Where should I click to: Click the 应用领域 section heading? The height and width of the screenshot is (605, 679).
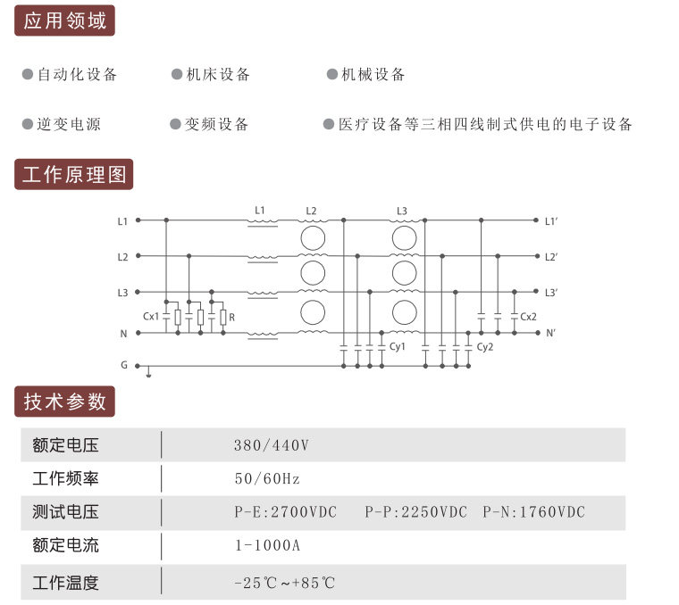pyautogui.click(x=64, y=21)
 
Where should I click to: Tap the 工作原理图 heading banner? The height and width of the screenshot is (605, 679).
pyautogui.click(x=74, y=174)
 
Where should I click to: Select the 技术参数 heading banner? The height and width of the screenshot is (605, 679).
pyautogui.click(x=64, y=402)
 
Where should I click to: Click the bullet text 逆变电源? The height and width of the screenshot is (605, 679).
pyautogui.click(x=69, y=124)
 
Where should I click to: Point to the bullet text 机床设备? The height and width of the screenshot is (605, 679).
pyautogui.click(x=218, y=74)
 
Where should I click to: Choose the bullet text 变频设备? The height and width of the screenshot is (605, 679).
pyautogui.click(x=216, y=124)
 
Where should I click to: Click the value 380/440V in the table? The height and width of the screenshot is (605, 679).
pyautogui.click(x=272, y=445)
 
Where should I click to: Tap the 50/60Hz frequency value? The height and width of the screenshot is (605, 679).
pyautogui.click(x=267, y=478)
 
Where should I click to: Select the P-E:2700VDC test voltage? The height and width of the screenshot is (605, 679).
pyautogui.click(x=285, y=512)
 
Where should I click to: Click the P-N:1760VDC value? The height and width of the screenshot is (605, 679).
pyautogui.click(x=534, y=512)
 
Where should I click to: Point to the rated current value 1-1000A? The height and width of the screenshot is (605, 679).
pyautogui.click(x=268, y=545)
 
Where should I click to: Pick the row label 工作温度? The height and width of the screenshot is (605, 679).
pyautogui.click(x=65, y=583)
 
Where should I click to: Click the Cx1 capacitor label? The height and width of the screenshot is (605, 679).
pyautogui.click(x=151, y=317)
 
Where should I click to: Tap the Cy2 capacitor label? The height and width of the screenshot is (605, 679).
pyautogui.click(x=485, y=347)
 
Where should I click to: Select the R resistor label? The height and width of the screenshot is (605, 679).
pyautogui.click(x=231, y=318)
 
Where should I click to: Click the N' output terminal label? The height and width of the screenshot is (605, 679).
pyautogui.click(x=550, y=334)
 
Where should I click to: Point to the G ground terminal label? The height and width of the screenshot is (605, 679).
pyautogui.click(x=124, y=365)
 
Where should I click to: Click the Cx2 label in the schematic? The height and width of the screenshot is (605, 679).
pyautogui.click(x=528, y=317)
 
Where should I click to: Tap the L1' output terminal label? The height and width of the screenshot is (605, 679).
pyautogui.click(x=551, y=221)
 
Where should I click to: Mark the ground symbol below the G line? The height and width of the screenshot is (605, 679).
pyautogui.click(x=148, y=372)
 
